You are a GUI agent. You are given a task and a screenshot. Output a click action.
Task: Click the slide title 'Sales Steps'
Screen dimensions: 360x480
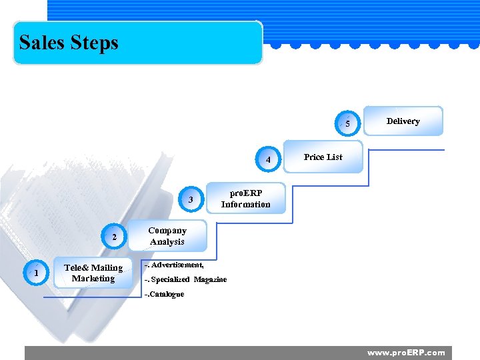69,43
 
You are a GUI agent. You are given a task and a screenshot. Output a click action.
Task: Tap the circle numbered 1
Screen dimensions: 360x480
36,273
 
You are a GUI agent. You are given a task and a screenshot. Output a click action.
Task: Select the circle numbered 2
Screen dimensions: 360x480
115,237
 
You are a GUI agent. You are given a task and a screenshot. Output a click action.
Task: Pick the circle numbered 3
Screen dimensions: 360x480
191,199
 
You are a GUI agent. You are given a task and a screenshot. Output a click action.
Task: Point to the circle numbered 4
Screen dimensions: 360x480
268,160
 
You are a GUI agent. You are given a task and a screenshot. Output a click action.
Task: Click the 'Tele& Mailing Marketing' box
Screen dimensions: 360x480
93,273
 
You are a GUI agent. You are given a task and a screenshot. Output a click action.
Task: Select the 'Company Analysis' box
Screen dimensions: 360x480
167,236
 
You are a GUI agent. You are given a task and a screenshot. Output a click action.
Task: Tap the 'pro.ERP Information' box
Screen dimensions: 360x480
246,199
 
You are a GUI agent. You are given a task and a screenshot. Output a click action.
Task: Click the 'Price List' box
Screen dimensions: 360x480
323,157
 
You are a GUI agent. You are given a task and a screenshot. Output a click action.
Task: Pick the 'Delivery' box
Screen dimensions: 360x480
403,121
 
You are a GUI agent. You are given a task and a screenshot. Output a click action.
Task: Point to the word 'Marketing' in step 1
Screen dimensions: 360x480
93,279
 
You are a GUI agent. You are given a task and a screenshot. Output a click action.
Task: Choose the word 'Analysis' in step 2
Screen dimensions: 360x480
167,242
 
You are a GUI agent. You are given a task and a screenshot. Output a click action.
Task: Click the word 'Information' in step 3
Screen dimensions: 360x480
246,205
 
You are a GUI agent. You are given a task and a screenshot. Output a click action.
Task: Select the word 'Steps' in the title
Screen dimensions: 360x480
94,43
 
